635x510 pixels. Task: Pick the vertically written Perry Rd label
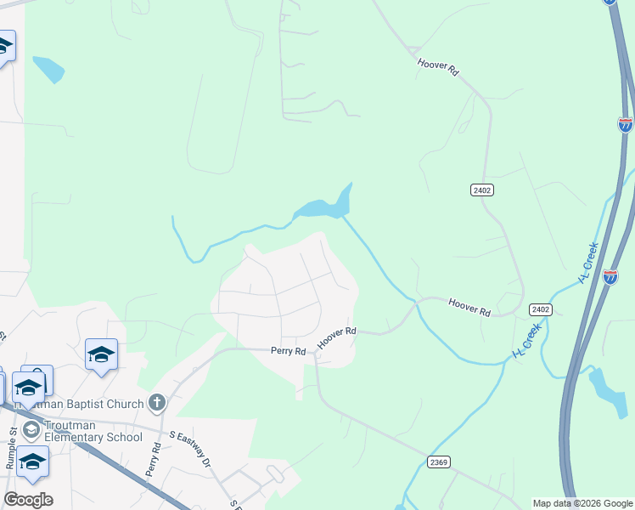pyautogui.click(x=154, y=459)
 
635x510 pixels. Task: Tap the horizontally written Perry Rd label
pyautogui.click(x=288, y=350)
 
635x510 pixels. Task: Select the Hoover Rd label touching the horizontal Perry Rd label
pyautogui.click(x=336, y=337)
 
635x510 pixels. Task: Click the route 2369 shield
pyautogui.click(x=438, y=462)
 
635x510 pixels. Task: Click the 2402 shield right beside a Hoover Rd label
pyautogui.click(x=542, y=309)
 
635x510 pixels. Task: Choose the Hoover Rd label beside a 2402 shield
pyautogui.click(x=469, y=307)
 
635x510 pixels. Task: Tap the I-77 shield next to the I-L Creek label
pyautogui.click(x=610, y=276)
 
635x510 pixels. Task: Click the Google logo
pyautogui.click(x=28, y=500)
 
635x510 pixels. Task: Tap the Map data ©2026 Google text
pyautogui.click(x=582, y=503)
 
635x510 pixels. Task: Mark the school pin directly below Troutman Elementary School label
pyautogui.click(x=32, y=462)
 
